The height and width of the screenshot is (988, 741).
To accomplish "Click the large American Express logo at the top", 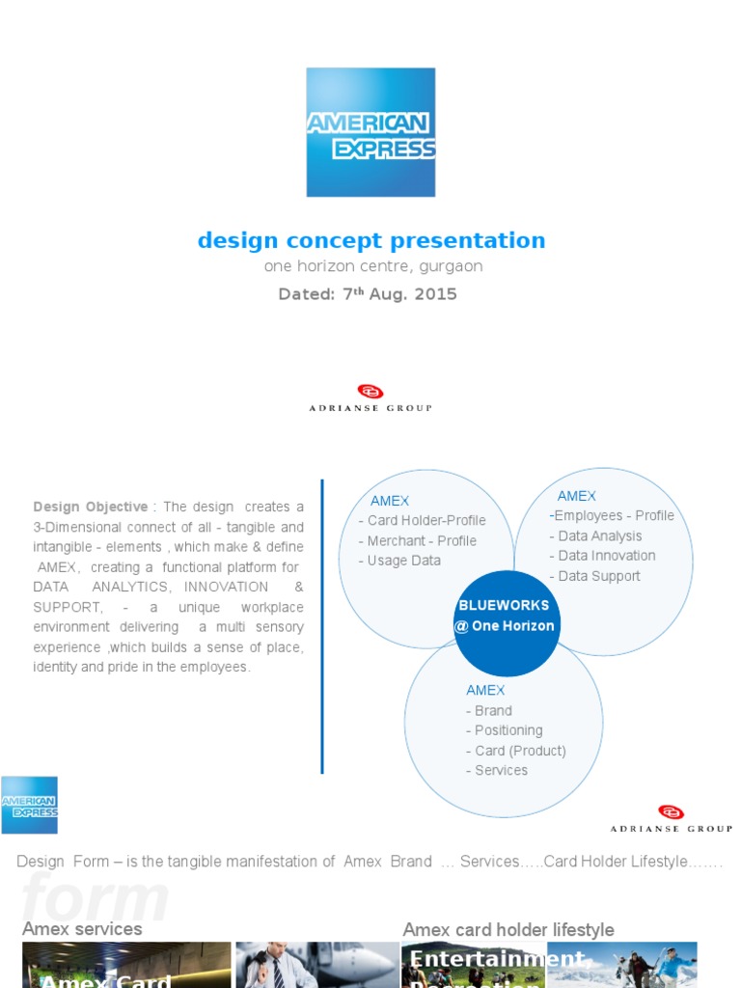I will tap(370, 132).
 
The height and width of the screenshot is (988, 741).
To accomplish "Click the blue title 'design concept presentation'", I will tap(370, 240).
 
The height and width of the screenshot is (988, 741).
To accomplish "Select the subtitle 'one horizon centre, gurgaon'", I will tap(372, 266).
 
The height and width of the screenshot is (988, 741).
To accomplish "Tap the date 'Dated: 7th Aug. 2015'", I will tap(368, 294).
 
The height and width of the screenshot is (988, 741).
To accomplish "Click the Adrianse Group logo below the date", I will tap(370, 398).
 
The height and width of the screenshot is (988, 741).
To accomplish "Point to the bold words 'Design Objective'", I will tap(91, 507).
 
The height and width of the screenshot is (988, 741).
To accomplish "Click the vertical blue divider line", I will tap(322, 626).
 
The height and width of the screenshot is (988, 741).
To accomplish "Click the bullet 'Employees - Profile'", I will tap(612, 516).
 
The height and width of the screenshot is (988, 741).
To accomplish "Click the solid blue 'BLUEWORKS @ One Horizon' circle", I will tap(506, 616).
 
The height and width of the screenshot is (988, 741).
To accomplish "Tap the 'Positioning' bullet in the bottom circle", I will tap(504, 730).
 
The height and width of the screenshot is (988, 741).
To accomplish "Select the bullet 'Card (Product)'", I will tap(515, 751).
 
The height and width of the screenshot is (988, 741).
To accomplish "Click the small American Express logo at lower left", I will tap(29, 805).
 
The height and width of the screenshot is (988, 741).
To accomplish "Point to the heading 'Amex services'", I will tap(82, 929).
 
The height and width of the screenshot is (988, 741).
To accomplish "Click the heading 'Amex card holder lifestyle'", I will tap(508, 930).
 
